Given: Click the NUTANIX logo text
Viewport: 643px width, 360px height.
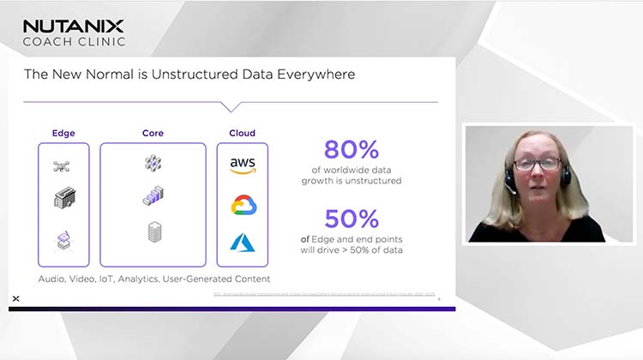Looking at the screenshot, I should coord(74,27).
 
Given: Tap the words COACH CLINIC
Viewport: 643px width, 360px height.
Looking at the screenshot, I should coord(74,41).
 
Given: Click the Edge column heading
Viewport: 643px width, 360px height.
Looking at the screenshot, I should coord(63,133).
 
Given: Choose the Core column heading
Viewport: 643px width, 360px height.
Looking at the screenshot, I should coord(153,133).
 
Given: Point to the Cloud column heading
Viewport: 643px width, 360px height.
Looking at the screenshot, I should coord(242,133).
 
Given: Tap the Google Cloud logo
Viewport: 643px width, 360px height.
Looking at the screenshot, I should coord(243,206).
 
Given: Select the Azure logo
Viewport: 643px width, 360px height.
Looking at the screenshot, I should coord(243,243).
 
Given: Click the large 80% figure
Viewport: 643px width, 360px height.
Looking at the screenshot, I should coord(352,149).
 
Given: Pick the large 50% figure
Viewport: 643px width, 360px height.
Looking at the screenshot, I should coord(352,219).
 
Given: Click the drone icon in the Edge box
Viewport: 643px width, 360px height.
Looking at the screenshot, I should coord(63,165).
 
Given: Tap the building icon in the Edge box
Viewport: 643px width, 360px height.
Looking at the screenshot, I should coord(64,199).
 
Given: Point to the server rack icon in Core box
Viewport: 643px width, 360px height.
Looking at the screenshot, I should coord(153,231).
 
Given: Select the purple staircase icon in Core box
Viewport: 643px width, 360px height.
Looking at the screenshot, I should coord(153,196).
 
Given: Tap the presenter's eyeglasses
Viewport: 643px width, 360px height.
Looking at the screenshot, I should coord(538,163).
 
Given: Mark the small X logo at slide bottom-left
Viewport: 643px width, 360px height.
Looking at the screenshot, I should coord(16,298).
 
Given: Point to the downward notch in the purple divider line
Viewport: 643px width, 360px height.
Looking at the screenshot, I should coord(230,107).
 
